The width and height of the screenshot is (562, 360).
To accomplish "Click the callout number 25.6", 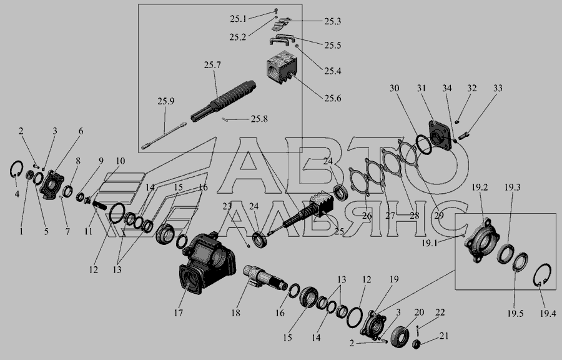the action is [x=333, y=98].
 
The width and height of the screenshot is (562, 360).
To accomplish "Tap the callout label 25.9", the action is [x=165, y=101].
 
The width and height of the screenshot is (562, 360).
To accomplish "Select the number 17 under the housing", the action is [x=179, y=312].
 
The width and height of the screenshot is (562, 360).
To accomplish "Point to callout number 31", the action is [x=421, y=88].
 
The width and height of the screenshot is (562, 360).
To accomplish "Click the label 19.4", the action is [x=548, y=314].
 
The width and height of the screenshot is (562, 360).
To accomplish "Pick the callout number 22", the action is [x=440, y=312].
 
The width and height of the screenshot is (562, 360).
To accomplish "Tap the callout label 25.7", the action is [x=212, y=65].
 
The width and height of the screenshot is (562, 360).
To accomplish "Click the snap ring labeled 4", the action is [x=16, y=169].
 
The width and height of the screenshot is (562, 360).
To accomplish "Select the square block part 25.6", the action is [x=282, y=67].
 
